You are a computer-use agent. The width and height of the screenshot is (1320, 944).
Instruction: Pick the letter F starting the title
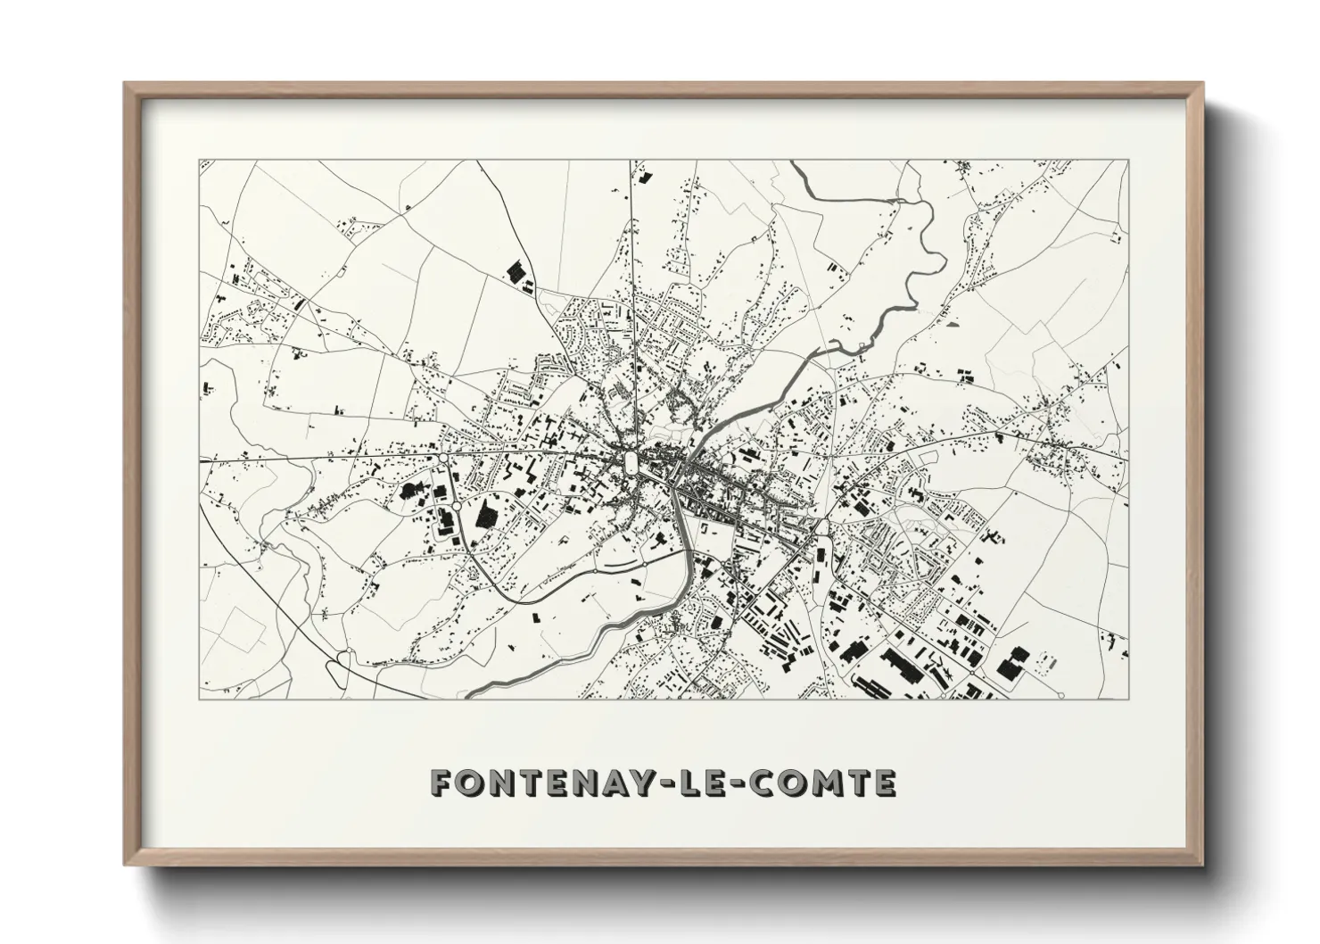(441, 783)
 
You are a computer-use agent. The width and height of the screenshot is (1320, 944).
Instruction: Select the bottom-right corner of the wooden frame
(1202, 864)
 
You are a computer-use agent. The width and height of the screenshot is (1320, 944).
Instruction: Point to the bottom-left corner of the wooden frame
(125, 864)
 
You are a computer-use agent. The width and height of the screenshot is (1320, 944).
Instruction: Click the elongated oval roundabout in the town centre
(632, 461)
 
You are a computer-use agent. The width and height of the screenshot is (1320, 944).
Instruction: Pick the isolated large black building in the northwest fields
(514, 272)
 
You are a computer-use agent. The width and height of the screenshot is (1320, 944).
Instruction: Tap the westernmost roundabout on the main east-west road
(443, 459)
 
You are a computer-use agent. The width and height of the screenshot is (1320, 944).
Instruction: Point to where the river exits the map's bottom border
(467, 697)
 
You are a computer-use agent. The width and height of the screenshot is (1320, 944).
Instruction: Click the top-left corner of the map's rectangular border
(200, 161)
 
